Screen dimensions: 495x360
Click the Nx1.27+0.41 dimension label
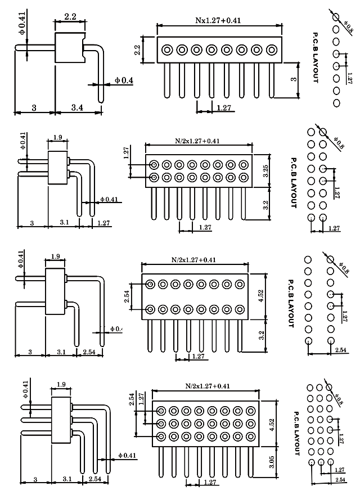coord(218,21)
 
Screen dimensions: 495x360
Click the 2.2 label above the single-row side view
coord(70,17)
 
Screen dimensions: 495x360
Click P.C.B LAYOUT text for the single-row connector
coord(316,58)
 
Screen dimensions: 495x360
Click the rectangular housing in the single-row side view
coord(69,47)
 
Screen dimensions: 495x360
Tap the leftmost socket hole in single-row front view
coord(167,50)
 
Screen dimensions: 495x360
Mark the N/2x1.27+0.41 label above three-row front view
coord(208,386)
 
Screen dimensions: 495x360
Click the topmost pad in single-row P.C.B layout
coord(336,17)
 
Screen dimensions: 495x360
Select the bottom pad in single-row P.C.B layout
coord(336,103)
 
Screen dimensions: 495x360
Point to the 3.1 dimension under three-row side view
coord(66,479)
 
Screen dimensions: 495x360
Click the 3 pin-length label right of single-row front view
coord(293,79)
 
